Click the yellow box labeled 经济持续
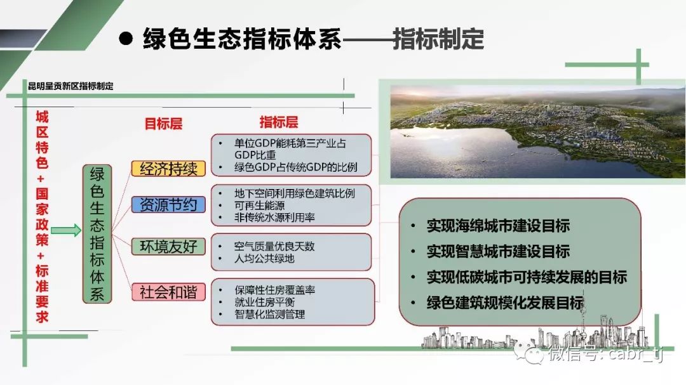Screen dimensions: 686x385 point(168,169)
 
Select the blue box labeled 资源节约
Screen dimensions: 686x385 point(168,204)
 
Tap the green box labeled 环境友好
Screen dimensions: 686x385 point(168,247)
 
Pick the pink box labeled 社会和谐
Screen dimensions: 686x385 point(168,292)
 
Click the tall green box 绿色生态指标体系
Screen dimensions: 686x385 point(97,234)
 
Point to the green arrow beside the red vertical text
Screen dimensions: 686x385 point(66,230)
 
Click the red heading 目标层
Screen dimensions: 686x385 point(163,124)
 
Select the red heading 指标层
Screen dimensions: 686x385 point(279,122)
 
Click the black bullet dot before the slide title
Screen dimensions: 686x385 point(126,39)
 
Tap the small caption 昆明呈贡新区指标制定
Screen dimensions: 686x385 point(71,86)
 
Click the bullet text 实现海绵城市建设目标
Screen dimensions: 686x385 point(499,226)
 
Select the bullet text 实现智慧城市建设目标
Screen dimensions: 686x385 point(499,251)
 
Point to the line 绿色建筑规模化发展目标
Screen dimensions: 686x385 point(506,303)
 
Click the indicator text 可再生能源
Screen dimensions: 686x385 point(259,206)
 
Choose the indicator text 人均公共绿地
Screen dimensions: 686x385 point(264,258)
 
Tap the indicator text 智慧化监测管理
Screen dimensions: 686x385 point(269,314)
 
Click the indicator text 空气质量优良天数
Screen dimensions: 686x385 point(274,246)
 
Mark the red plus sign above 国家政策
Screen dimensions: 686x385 point(41,178)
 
